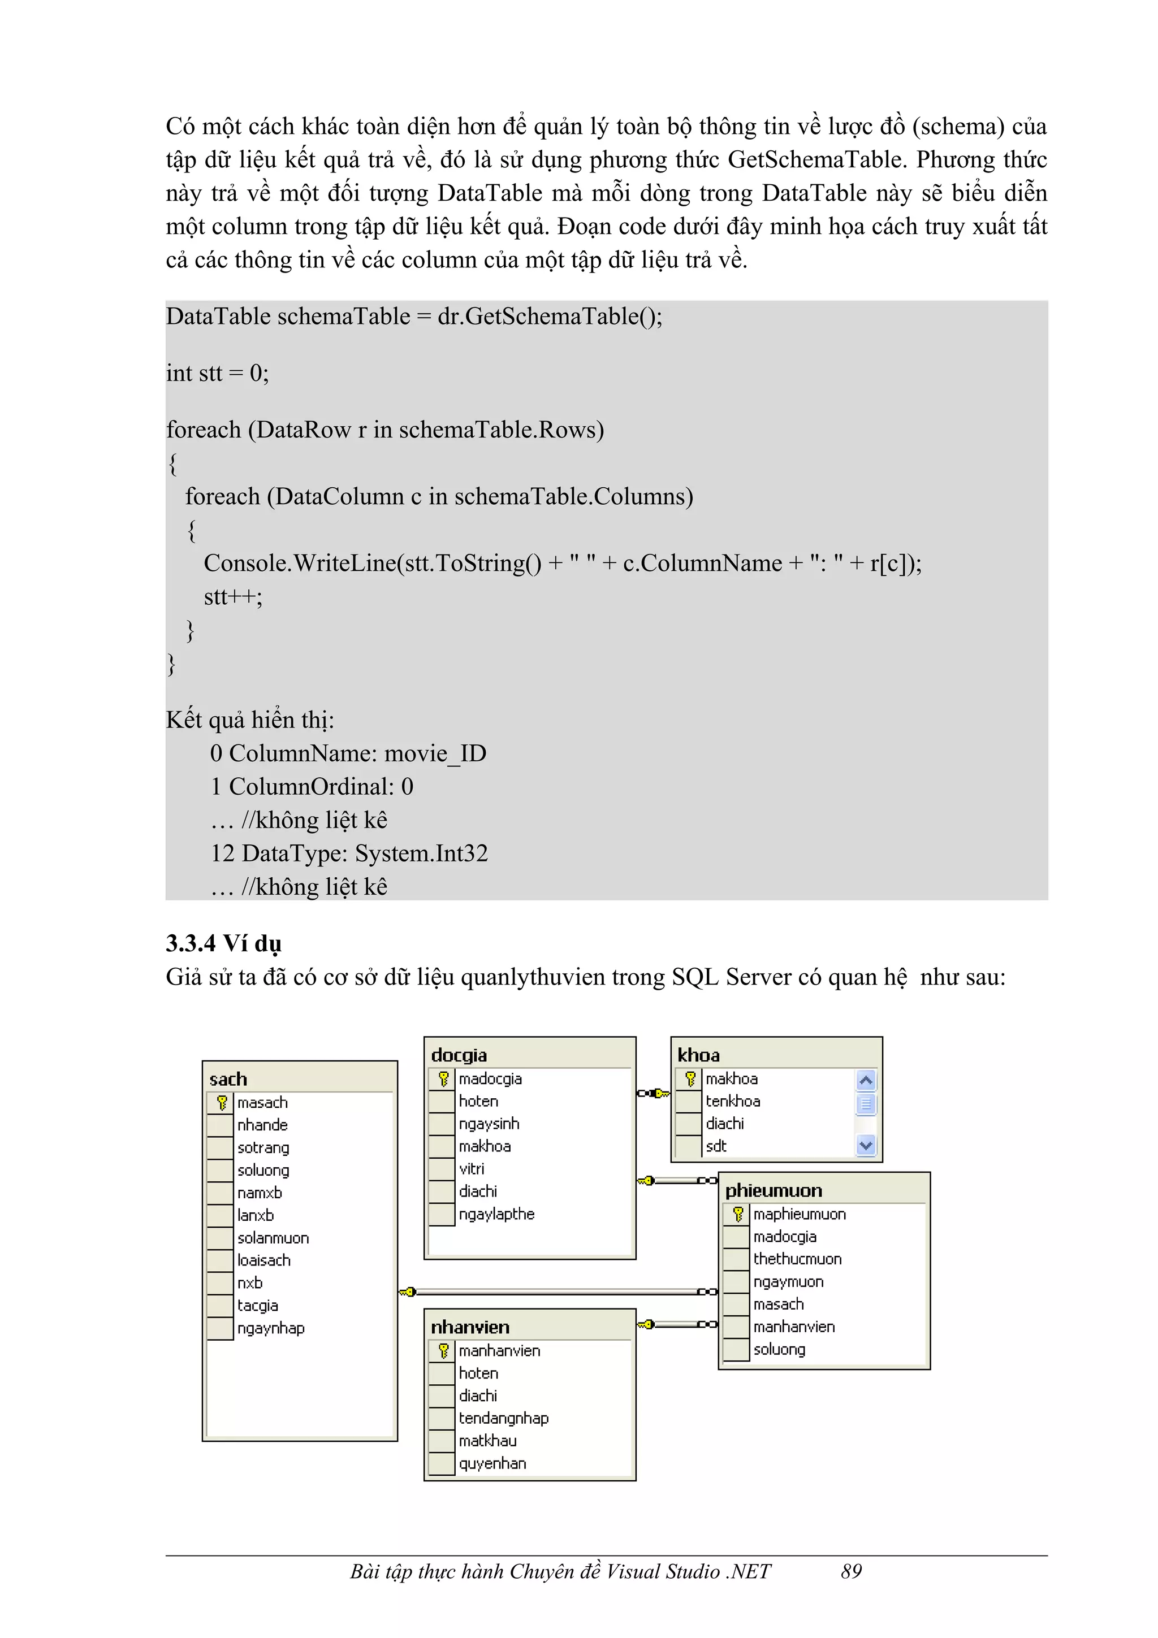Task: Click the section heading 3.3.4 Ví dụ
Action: pyautogui.click(x=223, y=943)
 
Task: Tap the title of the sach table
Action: pyautogui.click(x=228, y=1078)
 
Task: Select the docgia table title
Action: pyautogui.click(x=459, y=1055)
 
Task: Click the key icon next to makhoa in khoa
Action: pyautogui.click(x=690, y=1078)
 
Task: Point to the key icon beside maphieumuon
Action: pyautogui.click(x=738, y=1214)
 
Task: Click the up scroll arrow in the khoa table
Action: pyautogui.click(x=866, y=1080)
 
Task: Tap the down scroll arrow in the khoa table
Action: pyautogui.click(x=866, y=1146)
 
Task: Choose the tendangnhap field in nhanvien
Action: pyautogui.click(x=503, y=1418)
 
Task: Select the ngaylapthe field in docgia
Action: pyautogui.click(x=496, y=1214)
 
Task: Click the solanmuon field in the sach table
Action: pyautogui.click(x=273, y=1238)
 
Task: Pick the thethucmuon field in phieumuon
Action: pyautogui.click(x=797, y=1259)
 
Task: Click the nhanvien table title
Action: pyautogui.click(x=469, y=1327)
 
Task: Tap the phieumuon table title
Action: pyautogui.click(x=774, y=1190)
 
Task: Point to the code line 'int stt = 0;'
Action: pyautogui.click(x=217, y=373)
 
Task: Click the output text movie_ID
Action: pyautogui.click(x=435, y=753)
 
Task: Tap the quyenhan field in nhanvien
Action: pyautogui.click(x=492, y=1463)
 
